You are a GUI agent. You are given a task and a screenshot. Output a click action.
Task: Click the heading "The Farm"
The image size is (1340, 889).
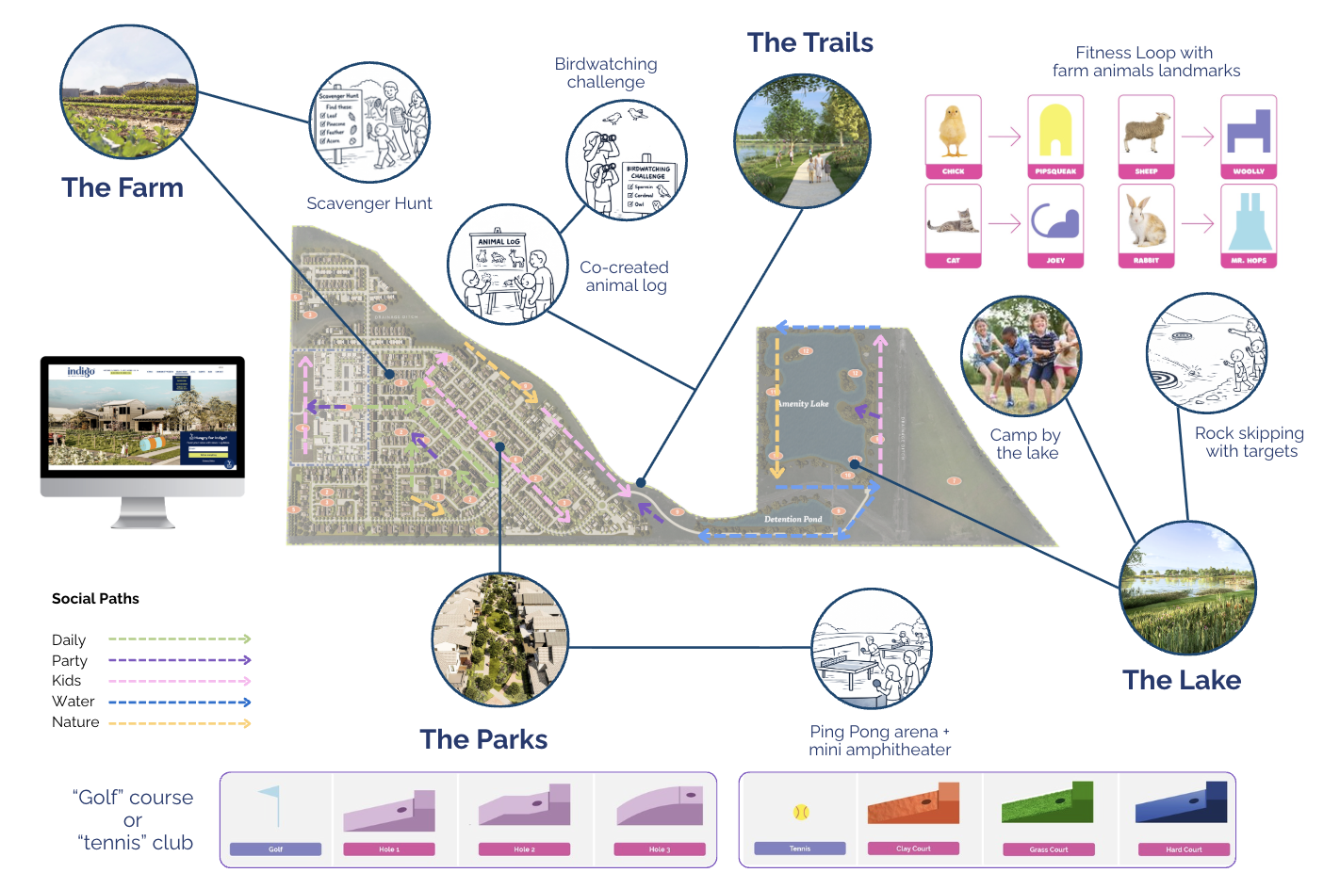pos(123,187)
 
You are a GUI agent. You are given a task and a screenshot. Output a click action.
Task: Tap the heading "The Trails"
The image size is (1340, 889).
pos(809,42)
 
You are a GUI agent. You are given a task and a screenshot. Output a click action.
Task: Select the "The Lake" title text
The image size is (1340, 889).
pos(1182,680)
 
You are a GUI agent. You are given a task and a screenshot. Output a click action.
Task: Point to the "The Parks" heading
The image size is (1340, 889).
pos(483,739)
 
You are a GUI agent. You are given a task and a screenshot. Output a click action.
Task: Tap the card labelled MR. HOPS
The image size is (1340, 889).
pos(1249,226)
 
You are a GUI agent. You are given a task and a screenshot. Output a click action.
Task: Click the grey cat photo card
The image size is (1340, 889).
pos(953,226)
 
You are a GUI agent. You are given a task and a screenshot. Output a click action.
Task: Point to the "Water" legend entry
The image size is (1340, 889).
pos(74,702)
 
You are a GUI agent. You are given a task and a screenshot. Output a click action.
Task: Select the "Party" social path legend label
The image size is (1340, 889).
pos(70,661)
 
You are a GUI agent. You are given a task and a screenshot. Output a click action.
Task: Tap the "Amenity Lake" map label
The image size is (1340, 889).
pos(804,404)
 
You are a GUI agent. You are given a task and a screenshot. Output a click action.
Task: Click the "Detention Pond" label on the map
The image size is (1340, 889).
pos(793,519)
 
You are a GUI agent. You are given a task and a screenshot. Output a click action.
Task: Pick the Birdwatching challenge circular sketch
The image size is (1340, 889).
pos(626,160)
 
